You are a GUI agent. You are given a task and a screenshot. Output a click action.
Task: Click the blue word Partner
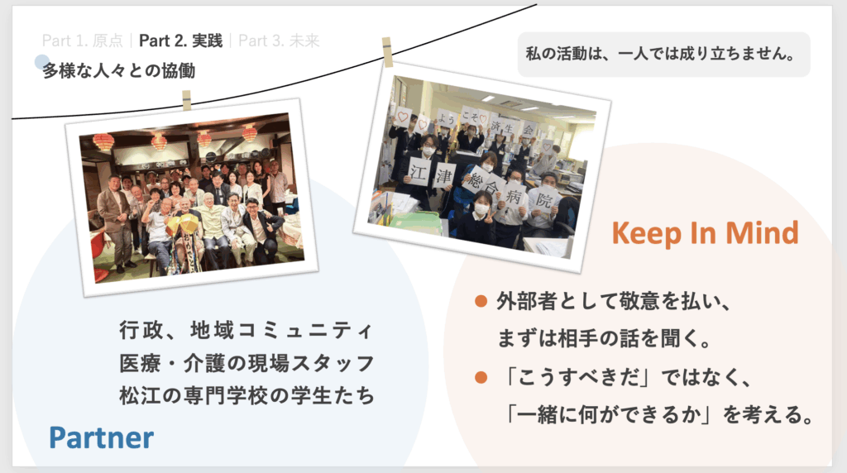[x=101, y=437]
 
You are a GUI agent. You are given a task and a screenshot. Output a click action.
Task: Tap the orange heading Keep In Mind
[x=705, y=233]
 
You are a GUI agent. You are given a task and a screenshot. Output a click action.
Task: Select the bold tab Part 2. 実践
[x=180, y=41]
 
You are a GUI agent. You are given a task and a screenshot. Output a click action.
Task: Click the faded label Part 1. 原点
[x=82, y=41]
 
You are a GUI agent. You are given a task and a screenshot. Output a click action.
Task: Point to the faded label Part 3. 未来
[x=279, y=41]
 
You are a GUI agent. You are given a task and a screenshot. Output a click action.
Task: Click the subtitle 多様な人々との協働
[x=119, y=71]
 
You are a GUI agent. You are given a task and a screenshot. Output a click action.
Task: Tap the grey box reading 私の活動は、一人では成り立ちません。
[x=664, y=54]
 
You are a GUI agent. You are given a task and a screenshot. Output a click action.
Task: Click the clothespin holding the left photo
[x=186, y=100]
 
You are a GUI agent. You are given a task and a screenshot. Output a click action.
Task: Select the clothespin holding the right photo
[x=387, y=52]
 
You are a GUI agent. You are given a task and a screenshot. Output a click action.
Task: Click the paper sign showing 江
[x=418, y=172]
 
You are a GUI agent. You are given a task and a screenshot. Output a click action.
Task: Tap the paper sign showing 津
[x=444, y=174]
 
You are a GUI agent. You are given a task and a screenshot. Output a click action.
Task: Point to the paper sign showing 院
[x=543, y=200]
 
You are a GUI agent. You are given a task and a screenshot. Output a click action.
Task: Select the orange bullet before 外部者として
[x=481, y=301]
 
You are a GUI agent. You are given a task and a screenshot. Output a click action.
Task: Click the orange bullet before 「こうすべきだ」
[x=481, y=377]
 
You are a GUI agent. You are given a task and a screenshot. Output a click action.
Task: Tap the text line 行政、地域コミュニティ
[x=246, y=330]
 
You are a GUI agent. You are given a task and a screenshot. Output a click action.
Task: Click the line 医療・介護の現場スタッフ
[x=246, y=363]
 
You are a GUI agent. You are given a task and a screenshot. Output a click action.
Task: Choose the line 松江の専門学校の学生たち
[x=246, y=395]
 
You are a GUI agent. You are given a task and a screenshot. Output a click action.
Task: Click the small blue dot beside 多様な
[x=42, y=62]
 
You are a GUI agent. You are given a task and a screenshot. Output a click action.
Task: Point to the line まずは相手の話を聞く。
[x=603, y=338]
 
